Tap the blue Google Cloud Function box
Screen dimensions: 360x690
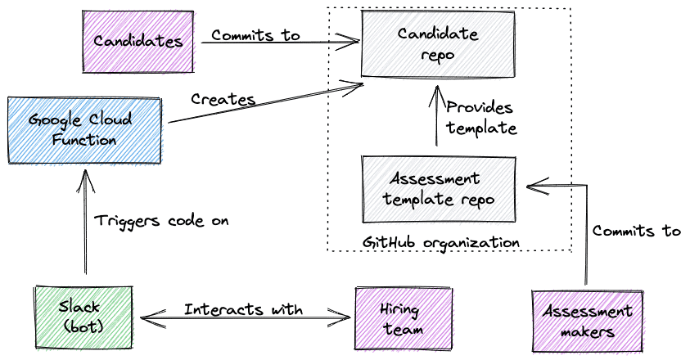(84, 129)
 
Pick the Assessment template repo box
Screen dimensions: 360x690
(439, 188)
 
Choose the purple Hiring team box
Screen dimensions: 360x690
(400, 318)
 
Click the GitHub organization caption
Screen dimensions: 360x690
(440, 242)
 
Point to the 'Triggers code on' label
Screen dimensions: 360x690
(161, 221)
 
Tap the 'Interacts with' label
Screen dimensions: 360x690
(243, 309)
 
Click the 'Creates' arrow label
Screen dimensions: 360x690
(223, 100)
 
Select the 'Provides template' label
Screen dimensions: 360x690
(480, 118)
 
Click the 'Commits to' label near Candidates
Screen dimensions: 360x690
(255, 35)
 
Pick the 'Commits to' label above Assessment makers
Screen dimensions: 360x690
(636, 232)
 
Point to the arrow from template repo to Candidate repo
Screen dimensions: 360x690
(436, 119)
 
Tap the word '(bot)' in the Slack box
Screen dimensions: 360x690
(80, 329)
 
